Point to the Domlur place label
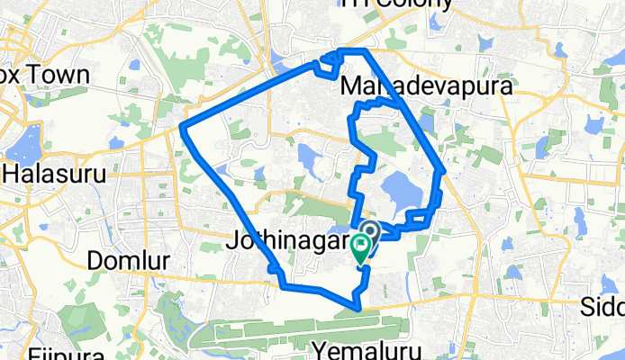127,260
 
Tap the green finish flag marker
362,245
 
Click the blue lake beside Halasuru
23,140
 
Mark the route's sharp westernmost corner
183,125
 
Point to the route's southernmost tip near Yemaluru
359,309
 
